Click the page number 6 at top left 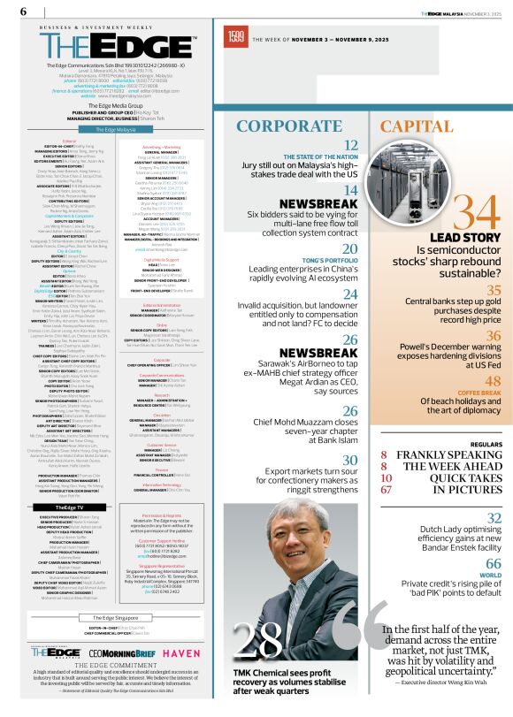coord(23,11)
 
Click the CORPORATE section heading coord(292,125)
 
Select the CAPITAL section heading coord(417,125)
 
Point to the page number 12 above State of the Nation coord(351,146)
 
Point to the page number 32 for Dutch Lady coord(494,518)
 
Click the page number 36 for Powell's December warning coord(494,336)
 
